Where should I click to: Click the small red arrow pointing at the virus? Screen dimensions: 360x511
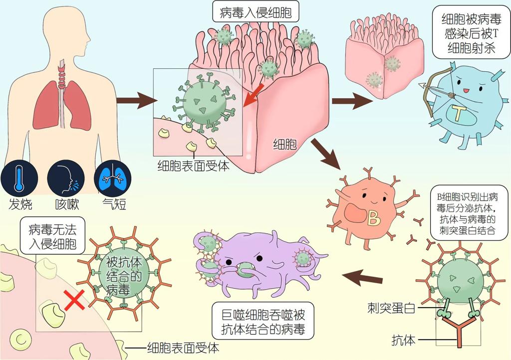tap(251, 98)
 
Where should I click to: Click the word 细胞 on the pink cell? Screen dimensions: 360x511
tap(285, 145)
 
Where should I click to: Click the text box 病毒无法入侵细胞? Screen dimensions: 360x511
tap(52, 236)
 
